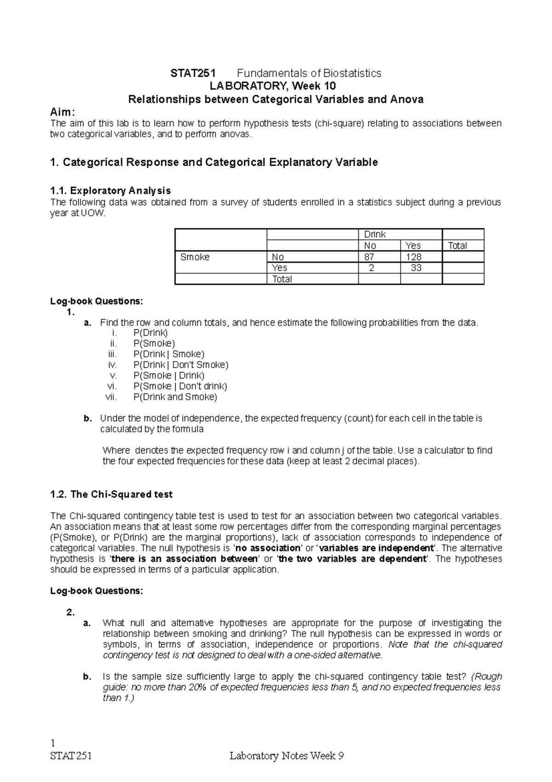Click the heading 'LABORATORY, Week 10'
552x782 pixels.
(x=273, y=86)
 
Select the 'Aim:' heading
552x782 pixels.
(x=62, y=113)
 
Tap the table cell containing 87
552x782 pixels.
(x=369, y=257)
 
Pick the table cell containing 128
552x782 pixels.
(x=414, y=257)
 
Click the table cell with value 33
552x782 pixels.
(x=416, y=268)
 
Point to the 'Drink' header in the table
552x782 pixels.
(x=374, y=234)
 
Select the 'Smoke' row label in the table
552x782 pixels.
(x=195, y=257)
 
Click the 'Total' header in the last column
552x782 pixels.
(x=457, y=245)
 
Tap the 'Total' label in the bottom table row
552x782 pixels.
(x=282, y=279)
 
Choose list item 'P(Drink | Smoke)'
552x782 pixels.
(x=169, y=354)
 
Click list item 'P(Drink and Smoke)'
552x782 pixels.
(x=175, y=397)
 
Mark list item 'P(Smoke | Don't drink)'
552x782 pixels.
(x=180, y=386)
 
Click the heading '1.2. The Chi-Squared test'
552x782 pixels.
(x=111, y=495)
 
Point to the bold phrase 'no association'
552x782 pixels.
(x=268, y=549)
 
